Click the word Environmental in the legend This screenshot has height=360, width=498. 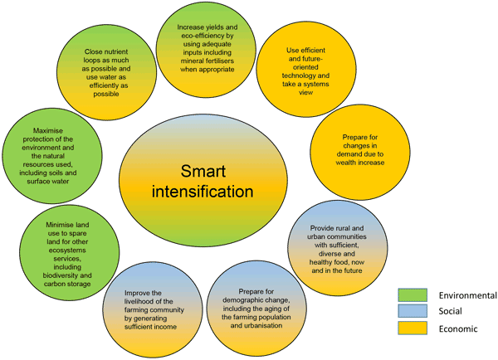point(467,295)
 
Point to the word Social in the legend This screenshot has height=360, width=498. point(453,312)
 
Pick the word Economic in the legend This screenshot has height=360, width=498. point(460,328)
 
